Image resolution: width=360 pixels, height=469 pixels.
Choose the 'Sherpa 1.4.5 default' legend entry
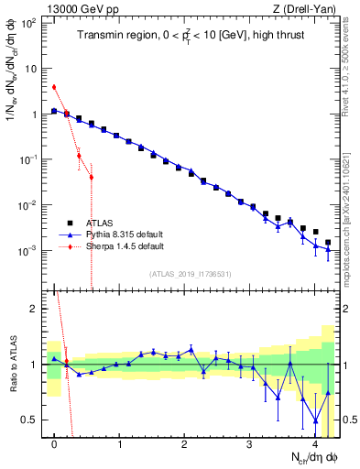[125, 246]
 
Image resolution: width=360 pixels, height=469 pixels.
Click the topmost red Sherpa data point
[54, 87]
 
